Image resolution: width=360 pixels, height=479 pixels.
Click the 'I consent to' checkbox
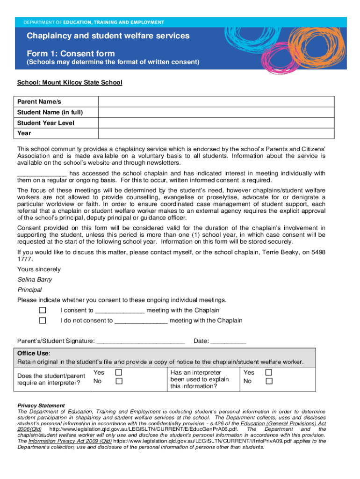43,311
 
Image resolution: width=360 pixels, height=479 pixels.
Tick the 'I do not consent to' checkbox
43,320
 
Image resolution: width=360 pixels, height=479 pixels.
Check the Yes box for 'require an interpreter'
119,372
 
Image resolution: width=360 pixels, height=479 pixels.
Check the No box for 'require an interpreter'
119,381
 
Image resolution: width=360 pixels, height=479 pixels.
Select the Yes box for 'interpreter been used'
268,372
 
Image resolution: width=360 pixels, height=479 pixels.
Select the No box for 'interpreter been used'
268,381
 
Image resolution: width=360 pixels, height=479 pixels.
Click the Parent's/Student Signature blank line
140,341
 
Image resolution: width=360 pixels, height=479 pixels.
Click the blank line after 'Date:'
228,341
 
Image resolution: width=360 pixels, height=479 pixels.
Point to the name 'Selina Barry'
35,280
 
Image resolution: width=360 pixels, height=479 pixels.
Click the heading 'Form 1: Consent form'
71,53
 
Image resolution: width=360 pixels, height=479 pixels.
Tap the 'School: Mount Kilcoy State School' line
70,83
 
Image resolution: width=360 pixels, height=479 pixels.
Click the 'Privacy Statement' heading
41,406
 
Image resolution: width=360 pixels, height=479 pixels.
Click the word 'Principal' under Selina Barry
29,290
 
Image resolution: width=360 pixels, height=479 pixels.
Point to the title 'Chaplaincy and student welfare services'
108,36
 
